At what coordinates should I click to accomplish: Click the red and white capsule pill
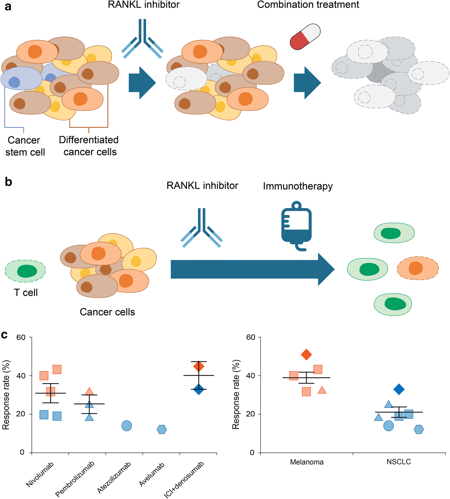[x=305, y=37]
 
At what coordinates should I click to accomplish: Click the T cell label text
[x=26, y=293]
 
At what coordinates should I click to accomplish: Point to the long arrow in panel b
[x=252, y=269]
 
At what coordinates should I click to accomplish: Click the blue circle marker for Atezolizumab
[x=127, y=425]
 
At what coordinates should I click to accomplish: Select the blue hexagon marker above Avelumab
[x=162, y=429]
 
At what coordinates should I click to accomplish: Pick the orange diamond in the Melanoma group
[x=306, y=354]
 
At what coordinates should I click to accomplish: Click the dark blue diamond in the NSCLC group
[x=399, y=389]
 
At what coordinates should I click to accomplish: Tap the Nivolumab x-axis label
[x=40, y=474]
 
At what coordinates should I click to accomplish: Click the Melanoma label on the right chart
[x=307, y=462]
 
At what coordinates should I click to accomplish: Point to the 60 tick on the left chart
[x=21, y=337]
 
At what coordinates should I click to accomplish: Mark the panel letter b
[x=8, y=182]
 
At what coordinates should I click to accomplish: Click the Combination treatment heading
[x=308, y=5]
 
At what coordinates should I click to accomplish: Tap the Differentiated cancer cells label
[x=89, y=146]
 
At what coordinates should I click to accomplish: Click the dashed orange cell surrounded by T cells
[x=418, y=268]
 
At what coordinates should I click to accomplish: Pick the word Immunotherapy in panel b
[x=298, y=186]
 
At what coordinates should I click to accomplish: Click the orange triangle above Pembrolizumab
[x=89, y=391]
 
